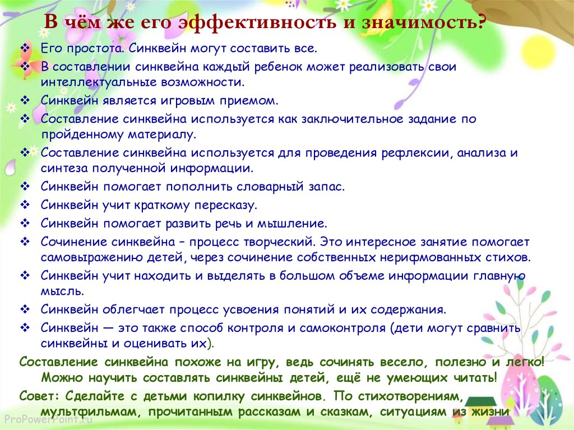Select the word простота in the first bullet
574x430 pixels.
tap(94, 49)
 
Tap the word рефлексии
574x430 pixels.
tap(415, 152)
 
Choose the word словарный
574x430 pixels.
tap(270, 187)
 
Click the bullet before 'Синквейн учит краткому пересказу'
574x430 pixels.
tap(25, 205)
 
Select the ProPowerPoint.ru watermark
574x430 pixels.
tap(49, 419)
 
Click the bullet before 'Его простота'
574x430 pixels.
tap(25, 48)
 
